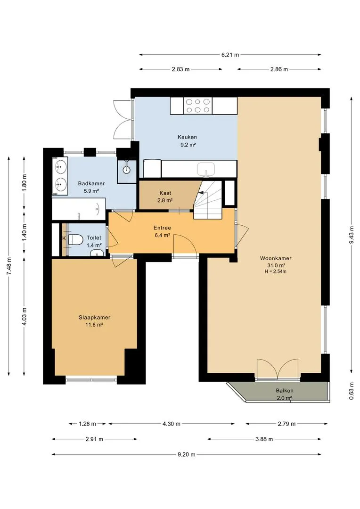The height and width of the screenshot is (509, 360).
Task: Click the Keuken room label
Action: tap(187, 137)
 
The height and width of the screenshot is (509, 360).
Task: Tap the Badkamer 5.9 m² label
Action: tap(91, 187)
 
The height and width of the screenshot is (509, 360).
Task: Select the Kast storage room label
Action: tap(165, 193)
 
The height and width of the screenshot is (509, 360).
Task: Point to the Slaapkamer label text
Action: tap(94, 318)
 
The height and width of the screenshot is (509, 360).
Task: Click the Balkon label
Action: tap(285, 391)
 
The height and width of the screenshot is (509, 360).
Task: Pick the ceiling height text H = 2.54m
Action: tap(275, 272)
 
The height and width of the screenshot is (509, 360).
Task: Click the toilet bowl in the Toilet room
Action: tap(75, 239)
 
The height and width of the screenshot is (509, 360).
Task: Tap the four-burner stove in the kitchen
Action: tap(198, 106)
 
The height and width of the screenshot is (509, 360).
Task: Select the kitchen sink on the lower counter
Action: tap(206, 169)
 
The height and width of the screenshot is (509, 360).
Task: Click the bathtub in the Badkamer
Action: tap(79, 209)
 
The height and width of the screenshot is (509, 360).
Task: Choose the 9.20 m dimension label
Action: tap(186, 454)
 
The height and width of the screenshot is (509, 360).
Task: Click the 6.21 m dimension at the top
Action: tap(230, 55)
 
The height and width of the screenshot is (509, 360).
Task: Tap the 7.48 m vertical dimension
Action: tap(9, 266)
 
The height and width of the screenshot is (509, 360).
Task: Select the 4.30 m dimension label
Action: tap(171, 424)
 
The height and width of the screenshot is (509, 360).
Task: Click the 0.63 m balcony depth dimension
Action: tap(351, 394)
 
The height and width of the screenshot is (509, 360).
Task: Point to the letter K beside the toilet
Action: tap(64, 238)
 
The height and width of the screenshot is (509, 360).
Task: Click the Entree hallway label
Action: tap(162, 228)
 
